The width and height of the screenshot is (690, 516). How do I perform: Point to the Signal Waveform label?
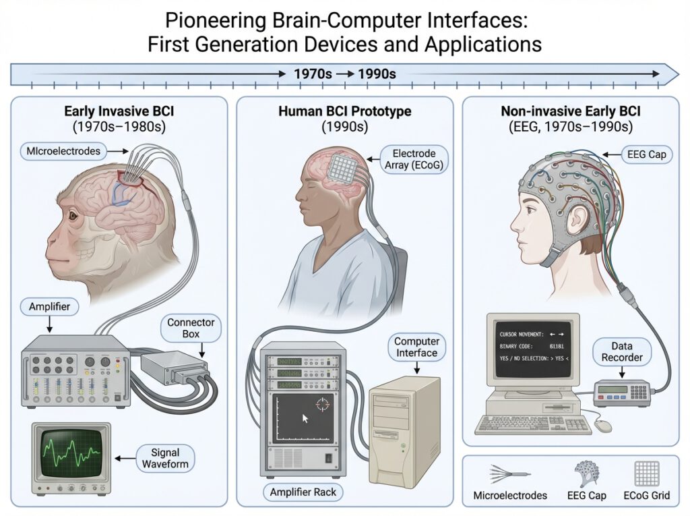(165, 457)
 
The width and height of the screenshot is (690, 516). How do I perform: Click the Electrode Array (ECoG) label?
(414, 160)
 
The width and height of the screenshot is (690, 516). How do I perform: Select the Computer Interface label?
(416, 347)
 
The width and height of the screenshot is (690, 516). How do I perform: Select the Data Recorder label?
(623, 351)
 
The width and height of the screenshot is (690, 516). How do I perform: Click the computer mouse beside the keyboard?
(604, 426)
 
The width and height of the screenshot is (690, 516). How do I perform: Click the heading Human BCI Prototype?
(345, 111)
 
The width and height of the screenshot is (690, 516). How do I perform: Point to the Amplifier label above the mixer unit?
(49, 307)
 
